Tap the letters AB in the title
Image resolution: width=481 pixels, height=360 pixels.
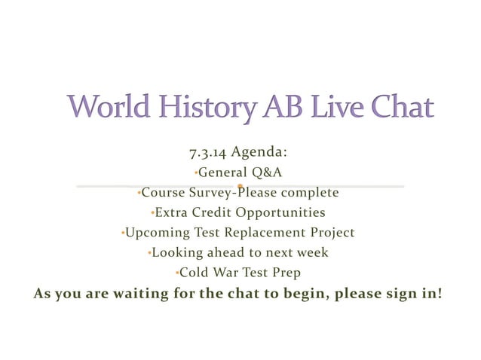coord(279,107)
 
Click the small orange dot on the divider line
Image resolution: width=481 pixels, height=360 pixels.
coord(240,185)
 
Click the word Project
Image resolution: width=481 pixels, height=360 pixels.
coord(329,233)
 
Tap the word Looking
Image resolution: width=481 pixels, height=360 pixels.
coord(178,252)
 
